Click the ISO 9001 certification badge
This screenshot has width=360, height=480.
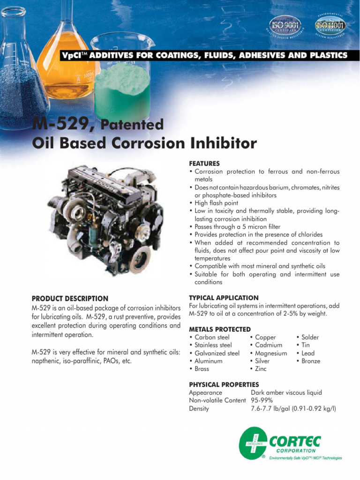pos(285,25)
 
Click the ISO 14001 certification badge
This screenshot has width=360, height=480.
pos(330,25)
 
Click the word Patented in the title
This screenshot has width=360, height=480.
pos(132,125)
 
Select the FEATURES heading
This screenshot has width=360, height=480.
pos(204,164)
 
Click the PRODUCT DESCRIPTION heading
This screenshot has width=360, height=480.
pos(70,298)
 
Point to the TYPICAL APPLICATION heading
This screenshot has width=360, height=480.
pos(224,298)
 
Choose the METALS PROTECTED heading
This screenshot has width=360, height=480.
pos(219,329)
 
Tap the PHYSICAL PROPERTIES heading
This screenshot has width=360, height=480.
pos(224,384)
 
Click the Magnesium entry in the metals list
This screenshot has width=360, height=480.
pos(271,353)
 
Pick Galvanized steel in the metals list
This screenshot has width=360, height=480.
pos(217,353)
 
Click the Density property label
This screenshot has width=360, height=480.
pos(199,408)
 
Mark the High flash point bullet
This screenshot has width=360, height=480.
pos(216,203)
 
